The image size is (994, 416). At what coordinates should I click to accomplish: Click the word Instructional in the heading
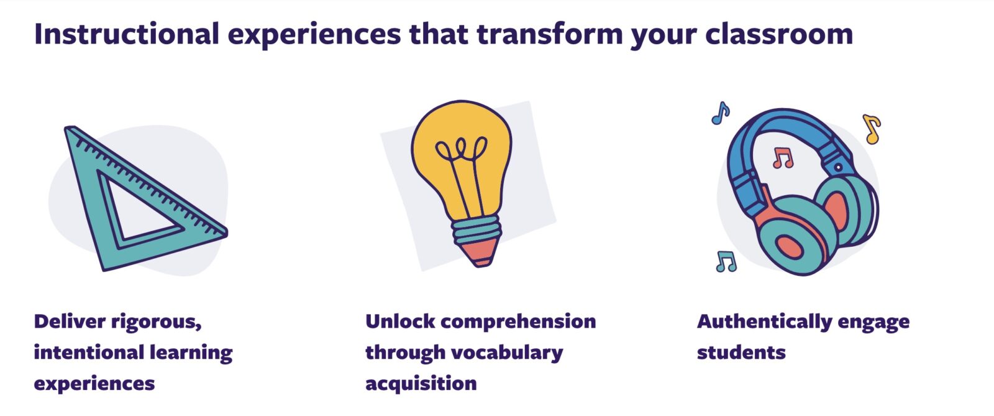click(127, 34)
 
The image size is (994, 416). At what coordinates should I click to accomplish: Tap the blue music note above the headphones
click(721, 113)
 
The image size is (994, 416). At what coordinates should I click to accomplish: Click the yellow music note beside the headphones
click(872, 129)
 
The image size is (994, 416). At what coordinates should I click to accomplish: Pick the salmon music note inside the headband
click(783, 158)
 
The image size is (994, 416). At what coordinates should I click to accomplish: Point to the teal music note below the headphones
click(726, 262)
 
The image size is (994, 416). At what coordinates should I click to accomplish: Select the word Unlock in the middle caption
click(400, 321)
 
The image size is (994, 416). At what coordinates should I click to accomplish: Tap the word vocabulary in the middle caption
click(507, 353)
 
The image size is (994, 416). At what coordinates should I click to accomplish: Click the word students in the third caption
click(742, 353)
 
